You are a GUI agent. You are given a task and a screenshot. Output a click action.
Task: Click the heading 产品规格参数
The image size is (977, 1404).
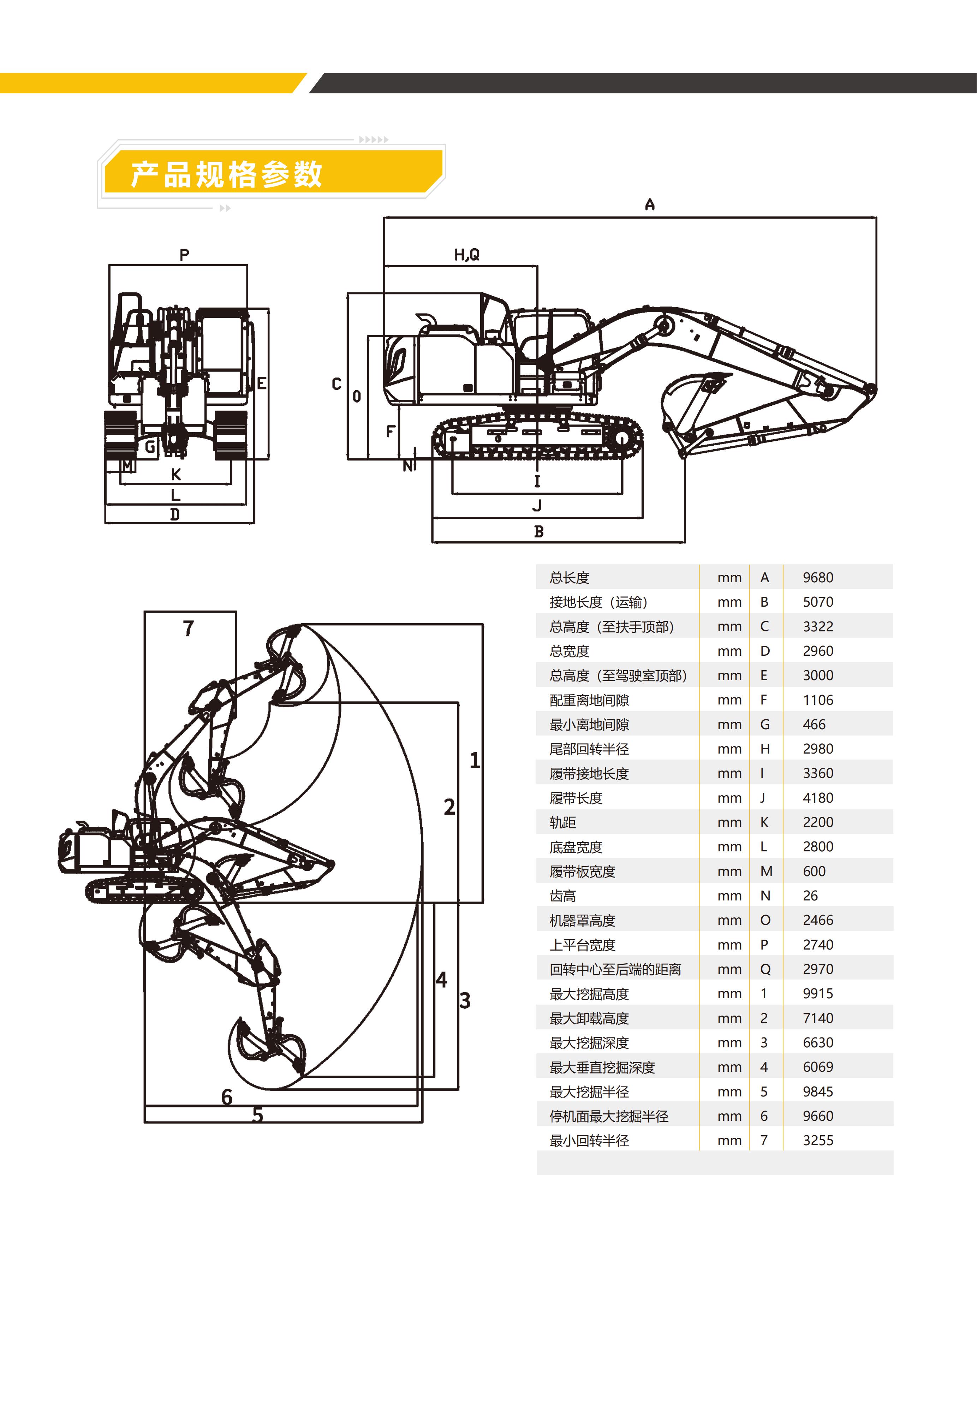coord(226,174)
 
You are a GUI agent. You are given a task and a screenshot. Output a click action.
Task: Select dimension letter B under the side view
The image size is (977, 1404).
coord(538,531)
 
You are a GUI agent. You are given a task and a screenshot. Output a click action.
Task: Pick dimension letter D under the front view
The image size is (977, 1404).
coord(175,514)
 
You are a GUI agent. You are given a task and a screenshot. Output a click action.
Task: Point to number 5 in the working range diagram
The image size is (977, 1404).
coord(258,1115)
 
